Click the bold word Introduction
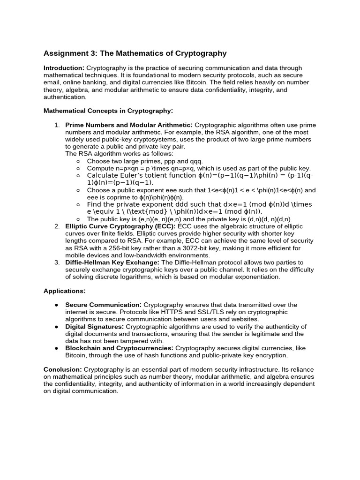(x=64, y=68)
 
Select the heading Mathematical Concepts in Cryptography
(x=108, y=111)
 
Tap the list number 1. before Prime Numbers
(x=57, y=125)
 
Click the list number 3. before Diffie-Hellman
(x=57, y=262)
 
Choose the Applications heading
(x=64, y=291)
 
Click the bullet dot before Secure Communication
(x=56, y=305)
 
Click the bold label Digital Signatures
(x=94, y=327)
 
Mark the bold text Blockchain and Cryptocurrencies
(x=119, y=348)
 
